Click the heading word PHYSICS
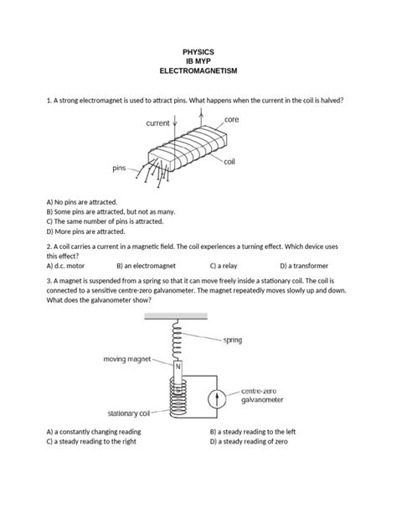click(198, 52)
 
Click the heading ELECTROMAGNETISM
click(198, 74)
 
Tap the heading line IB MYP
click(198, 63)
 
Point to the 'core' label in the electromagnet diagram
click(232, 120)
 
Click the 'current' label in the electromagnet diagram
click(158, 123)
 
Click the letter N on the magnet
click(178, 366)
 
